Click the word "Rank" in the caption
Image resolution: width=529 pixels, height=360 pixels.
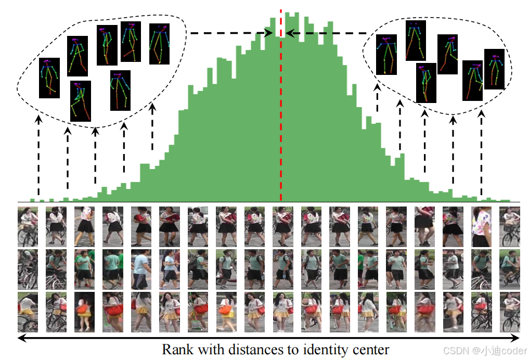(x=177, y=349)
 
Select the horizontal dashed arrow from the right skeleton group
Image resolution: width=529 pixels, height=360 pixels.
(x=328, y=33)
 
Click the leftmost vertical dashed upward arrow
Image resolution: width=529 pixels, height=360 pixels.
(x=38, y=156)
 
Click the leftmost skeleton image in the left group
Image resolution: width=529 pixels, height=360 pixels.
(x=49, y=78)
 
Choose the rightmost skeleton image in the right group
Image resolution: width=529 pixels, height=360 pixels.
(x=494, y=69)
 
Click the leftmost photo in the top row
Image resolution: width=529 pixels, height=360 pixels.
(x=28, y=226)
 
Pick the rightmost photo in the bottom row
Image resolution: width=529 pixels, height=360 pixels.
(x=509, y=312)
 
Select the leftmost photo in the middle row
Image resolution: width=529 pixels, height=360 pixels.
(x=28, y=269)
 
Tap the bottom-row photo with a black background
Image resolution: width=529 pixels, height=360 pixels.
(x=84, y=312)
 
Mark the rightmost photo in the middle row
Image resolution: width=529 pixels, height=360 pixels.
(x=509, y=269)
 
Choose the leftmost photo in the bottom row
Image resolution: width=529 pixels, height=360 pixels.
(x=28, y=312)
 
